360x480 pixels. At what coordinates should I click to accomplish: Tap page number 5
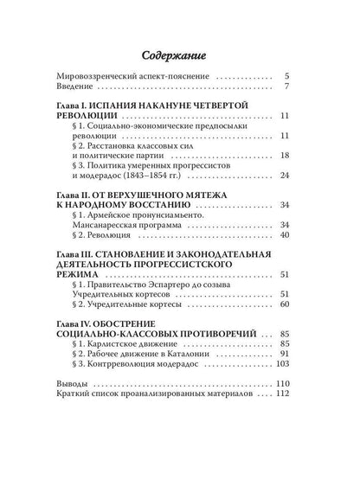tap(286, 74)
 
